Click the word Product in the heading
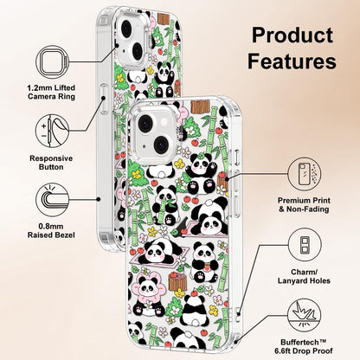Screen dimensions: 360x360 [292, 35]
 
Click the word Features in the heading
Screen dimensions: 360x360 [292, 61]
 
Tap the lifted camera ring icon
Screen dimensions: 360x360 [53, 62]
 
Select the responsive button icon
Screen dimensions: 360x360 [53, 131]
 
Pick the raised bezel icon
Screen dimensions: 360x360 [53, 200]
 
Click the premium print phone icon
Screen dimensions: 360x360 [305, 174]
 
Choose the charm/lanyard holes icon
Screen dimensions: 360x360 [305, 245]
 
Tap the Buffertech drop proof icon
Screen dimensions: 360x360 [305, 315]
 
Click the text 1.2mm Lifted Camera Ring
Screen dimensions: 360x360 [51, 92]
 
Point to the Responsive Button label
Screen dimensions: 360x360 [51, 163]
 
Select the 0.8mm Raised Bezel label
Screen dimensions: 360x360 [51, 231]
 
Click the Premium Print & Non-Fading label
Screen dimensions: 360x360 [304, 205]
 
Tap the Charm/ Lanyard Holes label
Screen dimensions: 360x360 [304, 276]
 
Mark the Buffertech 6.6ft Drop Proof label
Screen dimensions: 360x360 [304, 347]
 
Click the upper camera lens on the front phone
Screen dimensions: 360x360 [145, 124]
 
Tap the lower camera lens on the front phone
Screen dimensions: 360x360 [161, 145]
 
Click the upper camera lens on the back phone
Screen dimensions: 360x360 [126, 28]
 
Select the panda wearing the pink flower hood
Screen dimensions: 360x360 [147, 292]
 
